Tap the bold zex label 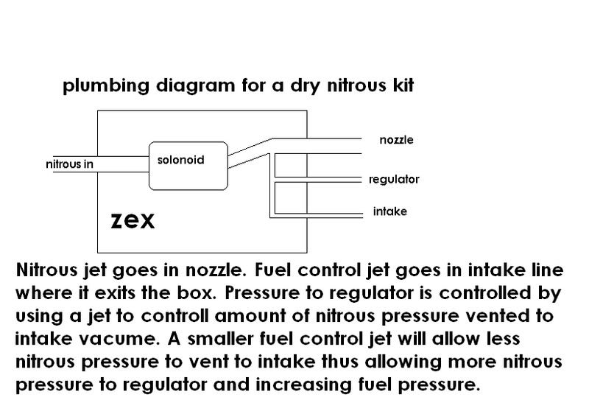pyautogui.click(x=133, y=220)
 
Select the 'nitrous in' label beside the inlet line pyautogui.click(x=69, y=164)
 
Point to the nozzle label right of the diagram pyautogui.click(x=396, y=140)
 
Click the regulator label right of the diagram pyautogui.click(x=394, y=179)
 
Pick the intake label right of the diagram pyautogui.click(x=390, y=211)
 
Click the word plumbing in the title pyautogui.click(x=106, y=86)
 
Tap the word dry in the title pyautogui.click(x=306, y=86)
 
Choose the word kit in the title pyautogui.click(x=403, y=85)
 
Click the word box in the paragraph pyautogui.click(x=197, y=292)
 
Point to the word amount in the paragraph pyautogui.click(x=250, y=316)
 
